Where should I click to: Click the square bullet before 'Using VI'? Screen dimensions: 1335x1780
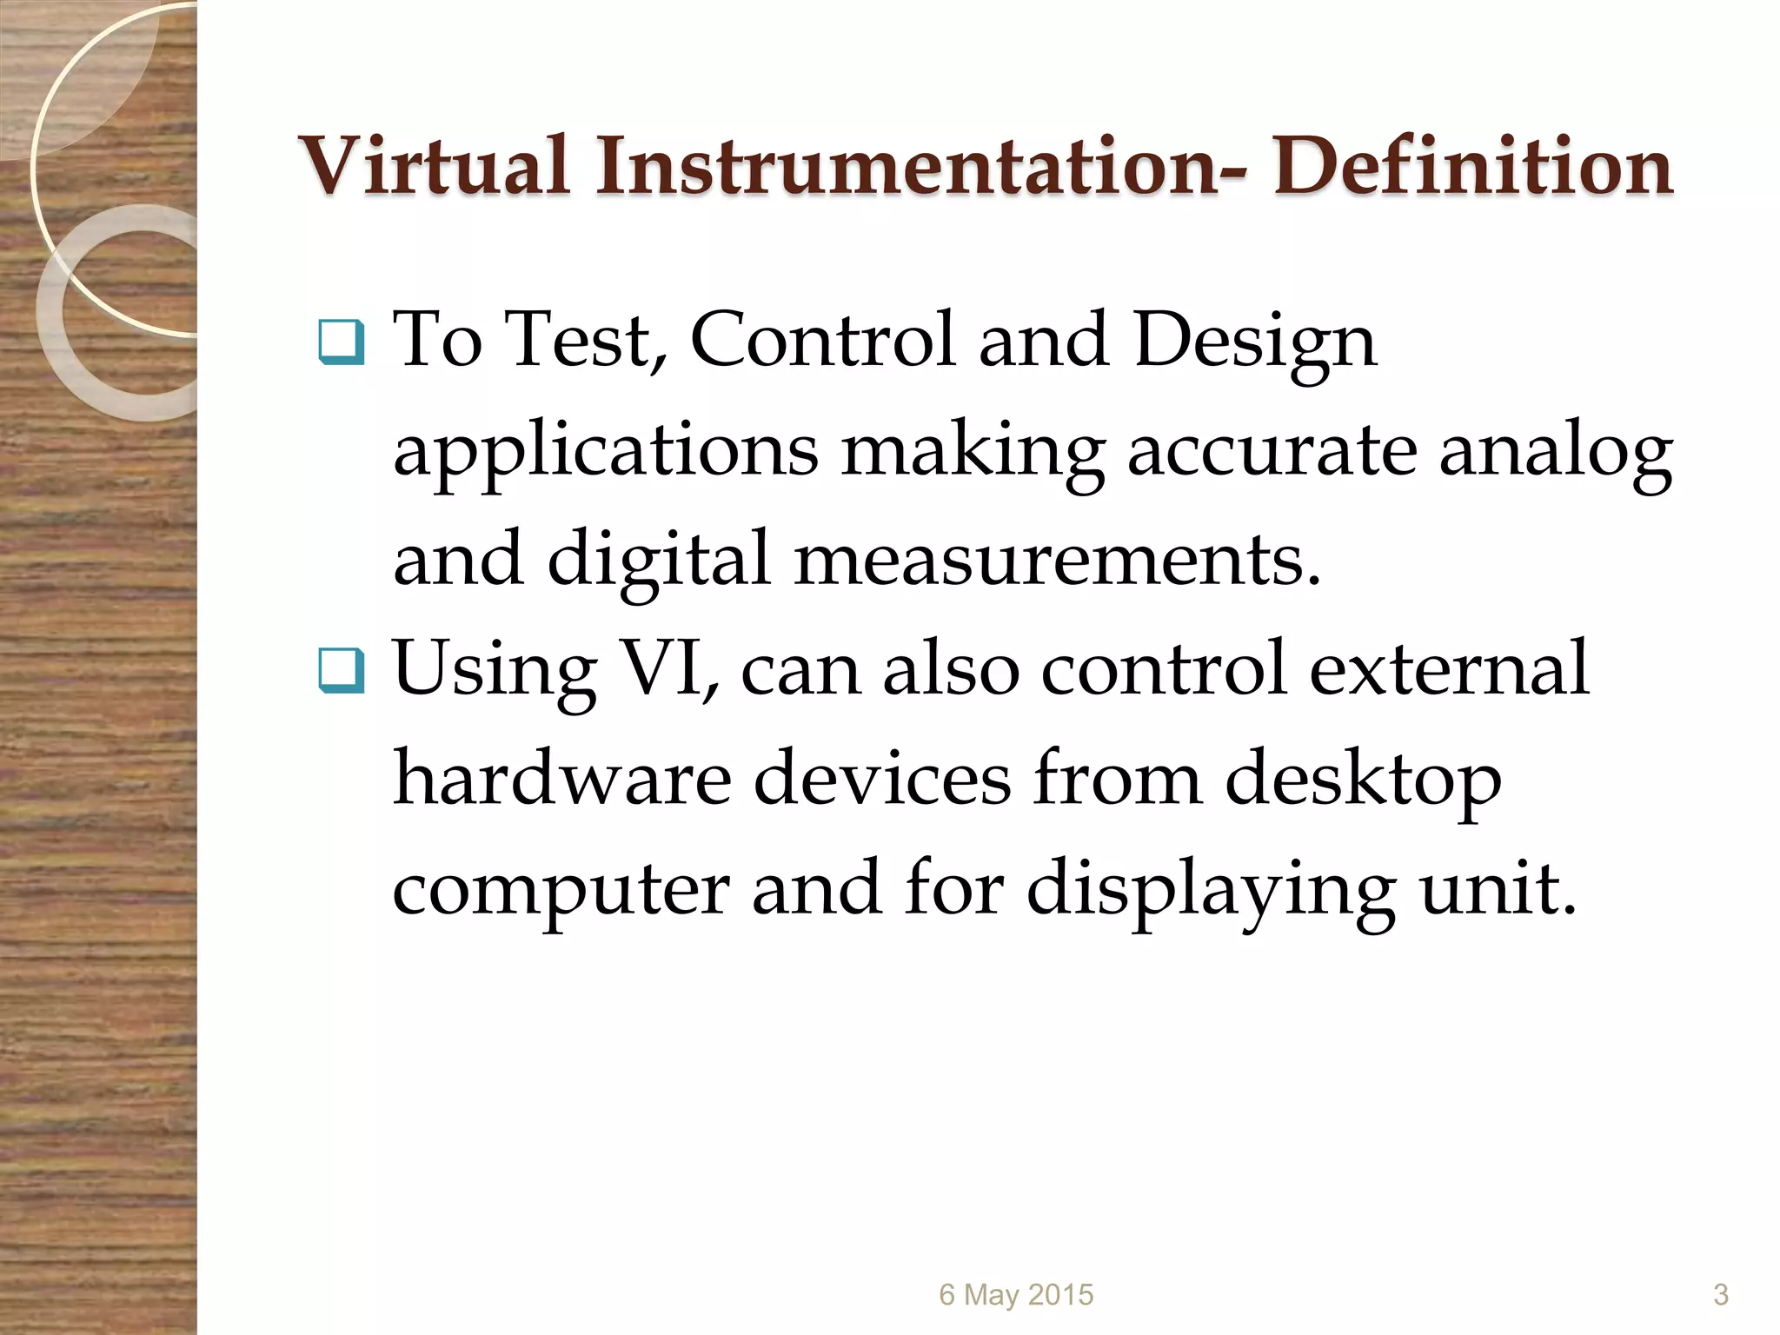click(x=341, y=671)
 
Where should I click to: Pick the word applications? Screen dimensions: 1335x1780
click(x=606, y=452)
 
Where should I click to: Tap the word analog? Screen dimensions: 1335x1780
click(x=1555, y=452)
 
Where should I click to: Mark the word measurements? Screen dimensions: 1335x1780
click(x=1057, y=559)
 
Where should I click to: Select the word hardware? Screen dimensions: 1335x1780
click(x=562, y=777)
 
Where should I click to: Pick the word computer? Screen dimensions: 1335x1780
click(x=561, y=888)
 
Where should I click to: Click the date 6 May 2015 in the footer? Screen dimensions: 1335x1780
click(x=1016, y=1295)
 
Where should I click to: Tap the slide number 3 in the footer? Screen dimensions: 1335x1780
click(x=1720, y=1295)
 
